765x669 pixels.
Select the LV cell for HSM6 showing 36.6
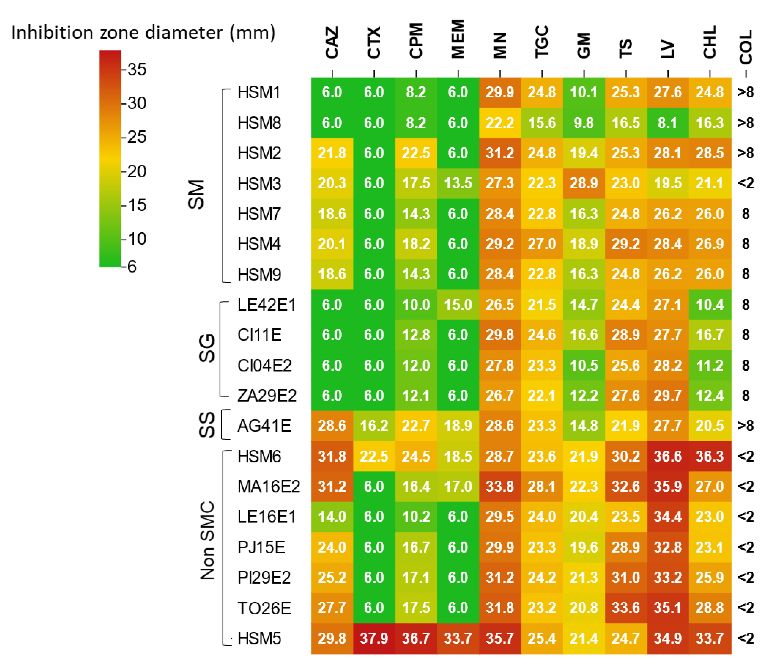pyautogui.click(x=668, y=456)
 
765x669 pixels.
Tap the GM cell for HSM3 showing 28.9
pyautogui.click(x=584, y=183)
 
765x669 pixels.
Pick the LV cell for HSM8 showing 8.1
pyautogui.click(x=668, y=123)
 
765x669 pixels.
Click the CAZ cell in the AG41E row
pyautogui.click(x=332, y=426)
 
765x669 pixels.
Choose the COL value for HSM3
pyautogui.click(x=746, y=183)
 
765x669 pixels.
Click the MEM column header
pyautogui.click(x=458, y=39)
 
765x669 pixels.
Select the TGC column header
pyautogui.click(x=542, y=42)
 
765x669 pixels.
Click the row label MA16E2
pyautogui.click(x=269, y=486)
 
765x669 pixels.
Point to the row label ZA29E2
pyautogui.click(x=267, y=395)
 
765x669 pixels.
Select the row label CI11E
pyautogui.click(x=259, y=335)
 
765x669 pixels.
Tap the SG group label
pyautogui.click(x=207, y=348)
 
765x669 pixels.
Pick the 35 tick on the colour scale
pyautogui.click(x=136, y=69)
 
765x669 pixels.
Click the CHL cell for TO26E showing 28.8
pyautogui.click(x=709, y=608)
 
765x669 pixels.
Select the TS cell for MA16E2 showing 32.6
pyautogui.click(x=626, y=486)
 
